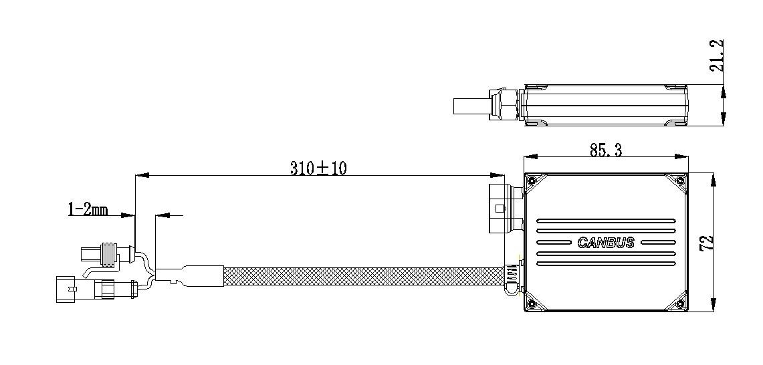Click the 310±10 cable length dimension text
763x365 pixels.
tap(318, 168)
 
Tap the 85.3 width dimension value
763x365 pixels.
tap(605, 151)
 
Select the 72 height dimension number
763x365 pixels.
tap(707, 242)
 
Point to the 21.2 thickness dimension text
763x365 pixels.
tap(716, 57)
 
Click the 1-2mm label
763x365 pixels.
tap(88, 210)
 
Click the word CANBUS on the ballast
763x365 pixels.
tap(605, 243)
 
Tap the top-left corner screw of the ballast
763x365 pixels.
tap(532, 180)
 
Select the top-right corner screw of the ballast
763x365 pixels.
tap(680, 180)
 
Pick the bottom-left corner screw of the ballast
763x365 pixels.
tap(532, 304)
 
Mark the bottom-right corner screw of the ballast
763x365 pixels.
tap(680, 304)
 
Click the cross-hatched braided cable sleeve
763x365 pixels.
tap(361, 275)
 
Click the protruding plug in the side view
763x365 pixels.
tap(471, 106)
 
